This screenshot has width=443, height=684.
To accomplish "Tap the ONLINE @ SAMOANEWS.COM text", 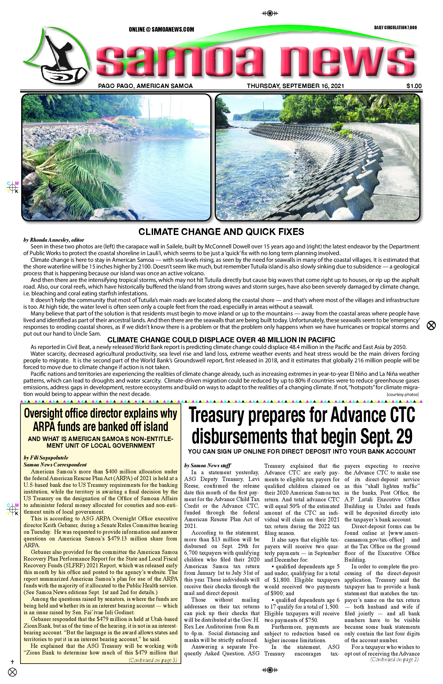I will point(161,29).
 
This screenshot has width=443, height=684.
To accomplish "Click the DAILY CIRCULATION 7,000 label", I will point(395,28).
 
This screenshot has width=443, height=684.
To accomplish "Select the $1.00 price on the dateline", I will point(414,86).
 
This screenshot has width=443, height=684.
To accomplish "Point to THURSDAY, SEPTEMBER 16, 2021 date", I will point(295,86).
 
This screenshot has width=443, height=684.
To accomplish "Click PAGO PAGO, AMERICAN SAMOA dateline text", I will point(145,86).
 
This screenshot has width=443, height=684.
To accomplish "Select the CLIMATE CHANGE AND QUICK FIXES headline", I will point(221,232).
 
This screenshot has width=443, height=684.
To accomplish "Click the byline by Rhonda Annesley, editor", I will point(54,240).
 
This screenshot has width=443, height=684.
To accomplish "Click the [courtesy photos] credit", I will point(402,394).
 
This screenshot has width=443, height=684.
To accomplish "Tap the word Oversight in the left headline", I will point(43,414).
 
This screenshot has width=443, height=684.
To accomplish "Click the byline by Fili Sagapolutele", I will point(46,458).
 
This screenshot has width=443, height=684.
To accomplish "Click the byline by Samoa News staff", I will point(207,466).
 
